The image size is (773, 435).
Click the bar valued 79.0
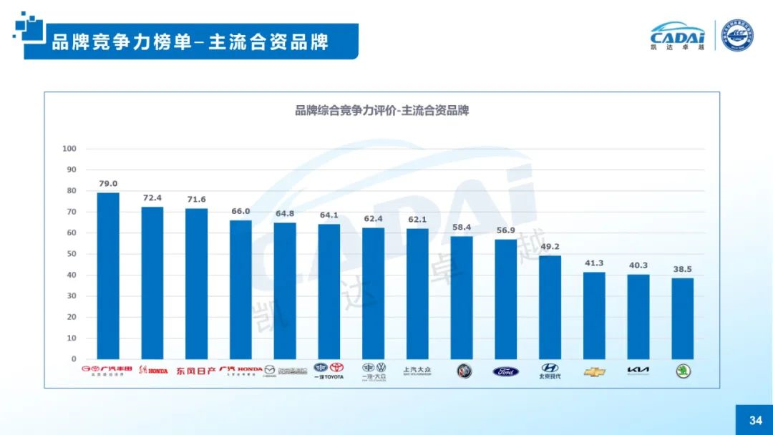tap(108, 275)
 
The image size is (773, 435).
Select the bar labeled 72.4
tap(152, 283)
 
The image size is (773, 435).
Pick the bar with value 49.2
tap(550, 307)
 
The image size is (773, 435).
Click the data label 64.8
tap(285, 213)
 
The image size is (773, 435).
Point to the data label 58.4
tap(462, 227)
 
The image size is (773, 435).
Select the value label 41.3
tap(594, 263)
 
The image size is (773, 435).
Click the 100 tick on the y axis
tap(69, 149)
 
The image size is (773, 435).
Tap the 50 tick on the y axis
tap(72, 254)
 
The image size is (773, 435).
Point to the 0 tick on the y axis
tap(74, 359)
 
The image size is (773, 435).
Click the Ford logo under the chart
tap(506, 371)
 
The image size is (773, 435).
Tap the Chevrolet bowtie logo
tap(594, 372)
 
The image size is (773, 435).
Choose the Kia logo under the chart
tap(638, 371)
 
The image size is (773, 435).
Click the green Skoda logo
tap(684, 371)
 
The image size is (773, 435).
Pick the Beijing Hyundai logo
tap(550, 371)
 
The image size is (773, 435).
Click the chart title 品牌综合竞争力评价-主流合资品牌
tap(381, 111)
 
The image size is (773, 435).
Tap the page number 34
tap(755, 421)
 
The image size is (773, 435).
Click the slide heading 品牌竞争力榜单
tap(122, 42)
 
